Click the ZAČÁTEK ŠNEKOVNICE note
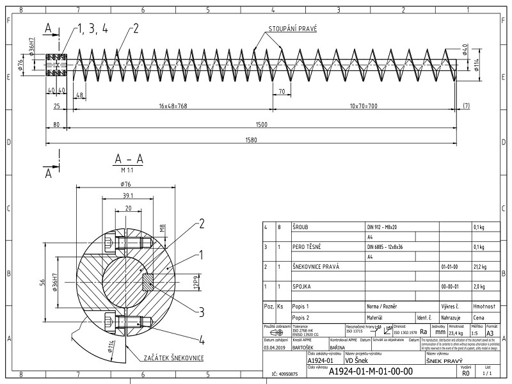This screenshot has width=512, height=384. coord(173,357)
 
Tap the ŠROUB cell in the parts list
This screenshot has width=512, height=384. coord(301,227)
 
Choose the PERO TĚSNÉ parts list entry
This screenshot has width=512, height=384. coord(307,246)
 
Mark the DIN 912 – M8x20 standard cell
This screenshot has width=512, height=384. coord(382,227)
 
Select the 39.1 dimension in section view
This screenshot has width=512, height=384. coord(127,196)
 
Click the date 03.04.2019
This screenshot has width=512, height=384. coord(276,348)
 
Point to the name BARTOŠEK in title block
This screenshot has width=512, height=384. coord(303,348)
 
